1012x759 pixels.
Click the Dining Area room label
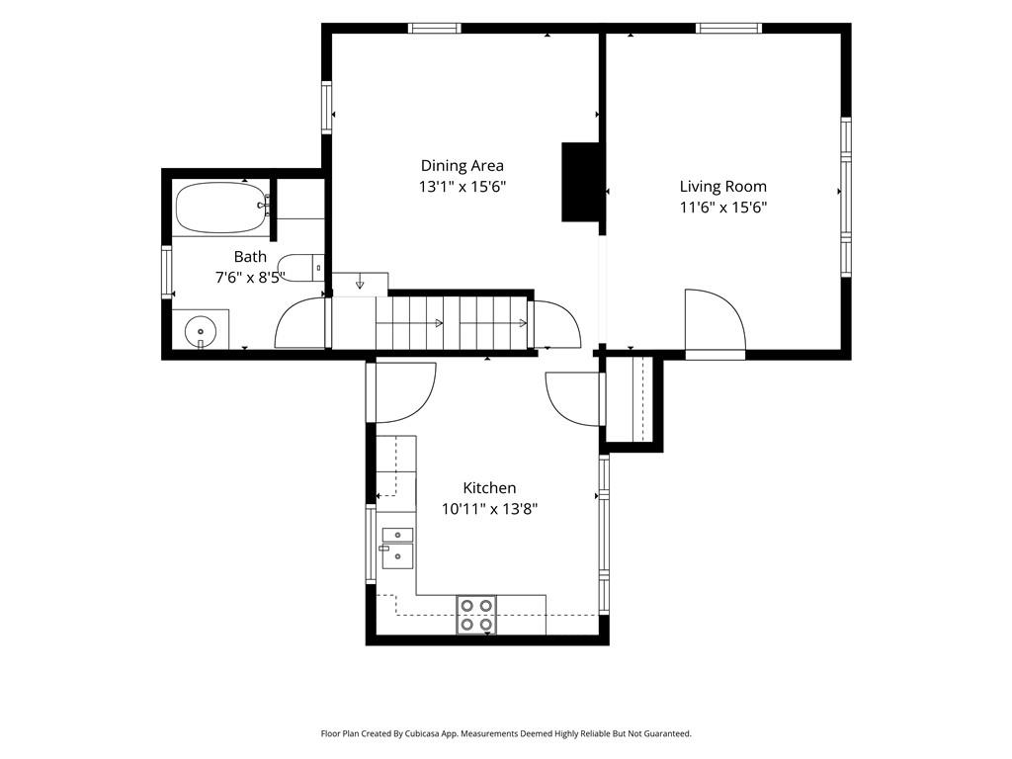[463, 166]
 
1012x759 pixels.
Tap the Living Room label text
[722, 187]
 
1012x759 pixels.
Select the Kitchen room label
[489, 488]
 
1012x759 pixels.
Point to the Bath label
[250, 257]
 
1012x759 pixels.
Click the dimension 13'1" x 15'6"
[463, 187]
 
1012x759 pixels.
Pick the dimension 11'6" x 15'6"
[722, 208]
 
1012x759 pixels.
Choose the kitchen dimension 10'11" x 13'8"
[489, 509]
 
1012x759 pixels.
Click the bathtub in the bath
[222, 208]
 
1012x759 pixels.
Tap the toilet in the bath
[300, 267]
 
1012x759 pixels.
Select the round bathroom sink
[201, 332]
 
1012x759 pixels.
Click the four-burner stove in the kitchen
[477, 615]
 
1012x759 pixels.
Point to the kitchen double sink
[397, 548]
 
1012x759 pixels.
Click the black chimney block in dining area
[581, 182]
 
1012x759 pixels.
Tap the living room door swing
[716, 323]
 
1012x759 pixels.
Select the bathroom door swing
[299, 323]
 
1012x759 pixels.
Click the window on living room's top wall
[728, 28]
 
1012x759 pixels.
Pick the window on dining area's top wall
[435, 28]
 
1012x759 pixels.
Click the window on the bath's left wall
[166, 272]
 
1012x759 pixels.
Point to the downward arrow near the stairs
[360, 284]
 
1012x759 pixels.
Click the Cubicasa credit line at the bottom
[506, 733]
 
